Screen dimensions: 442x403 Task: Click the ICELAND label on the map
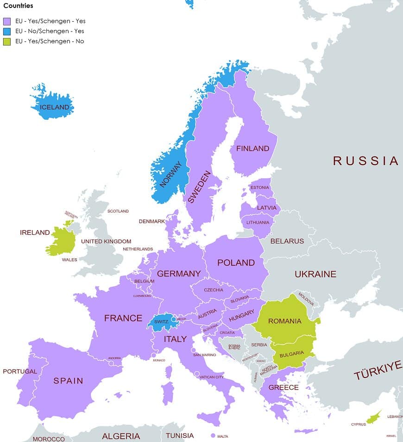point(55,107)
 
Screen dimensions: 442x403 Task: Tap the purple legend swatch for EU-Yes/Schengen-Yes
point(7,21)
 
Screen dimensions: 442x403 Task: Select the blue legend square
point(7,32)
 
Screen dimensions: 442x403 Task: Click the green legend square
point(7,42)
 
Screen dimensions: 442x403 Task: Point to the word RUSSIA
point(365,161)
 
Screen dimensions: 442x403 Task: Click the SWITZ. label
point(161,321)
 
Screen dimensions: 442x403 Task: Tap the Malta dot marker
point(213,436)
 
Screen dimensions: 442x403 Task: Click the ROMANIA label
point(284,321)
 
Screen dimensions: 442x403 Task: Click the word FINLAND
point(252,148)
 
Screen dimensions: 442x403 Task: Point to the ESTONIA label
point(259,187)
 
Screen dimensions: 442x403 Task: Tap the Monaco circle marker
point(153,356)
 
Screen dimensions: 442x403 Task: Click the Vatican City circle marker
point(197,374)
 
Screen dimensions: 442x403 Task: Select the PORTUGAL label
point(19,372)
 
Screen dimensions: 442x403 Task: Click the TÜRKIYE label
point(378,370)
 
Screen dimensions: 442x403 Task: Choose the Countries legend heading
point(18,6)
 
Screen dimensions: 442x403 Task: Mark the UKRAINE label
point(315,274)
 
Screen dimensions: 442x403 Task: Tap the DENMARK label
point(151,221)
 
